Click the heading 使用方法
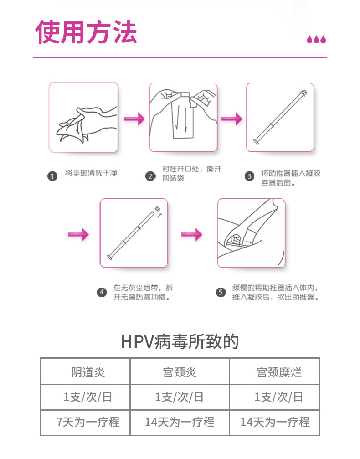[x=86, y=31]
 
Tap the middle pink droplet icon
[x=316, y=40]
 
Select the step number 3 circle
[x=249, y=176]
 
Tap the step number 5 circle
[x=221, y=292]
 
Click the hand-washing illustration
[x=83, y=117]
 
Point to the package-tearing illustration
[x=183, y=117]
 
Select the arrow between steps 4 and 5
[x=191, y=235]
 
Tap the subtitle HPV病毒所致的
[x=180, y=341]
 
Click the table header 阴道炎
[x=88, y=372]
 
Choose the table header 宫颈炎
[x=180, y=372]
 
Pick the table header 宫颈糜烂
[x=278, y=372]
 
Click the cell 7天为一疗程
[x=88, y=422]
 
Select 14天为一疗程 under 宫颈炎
[x=180, y=422]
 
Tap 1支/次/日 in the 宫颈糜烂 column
[x=278, y=397]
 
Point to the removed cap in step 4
[x=159, y=210]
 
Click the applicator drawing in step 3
[x=280, y=117]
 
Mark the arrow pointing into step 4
[x=78, y=235]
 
